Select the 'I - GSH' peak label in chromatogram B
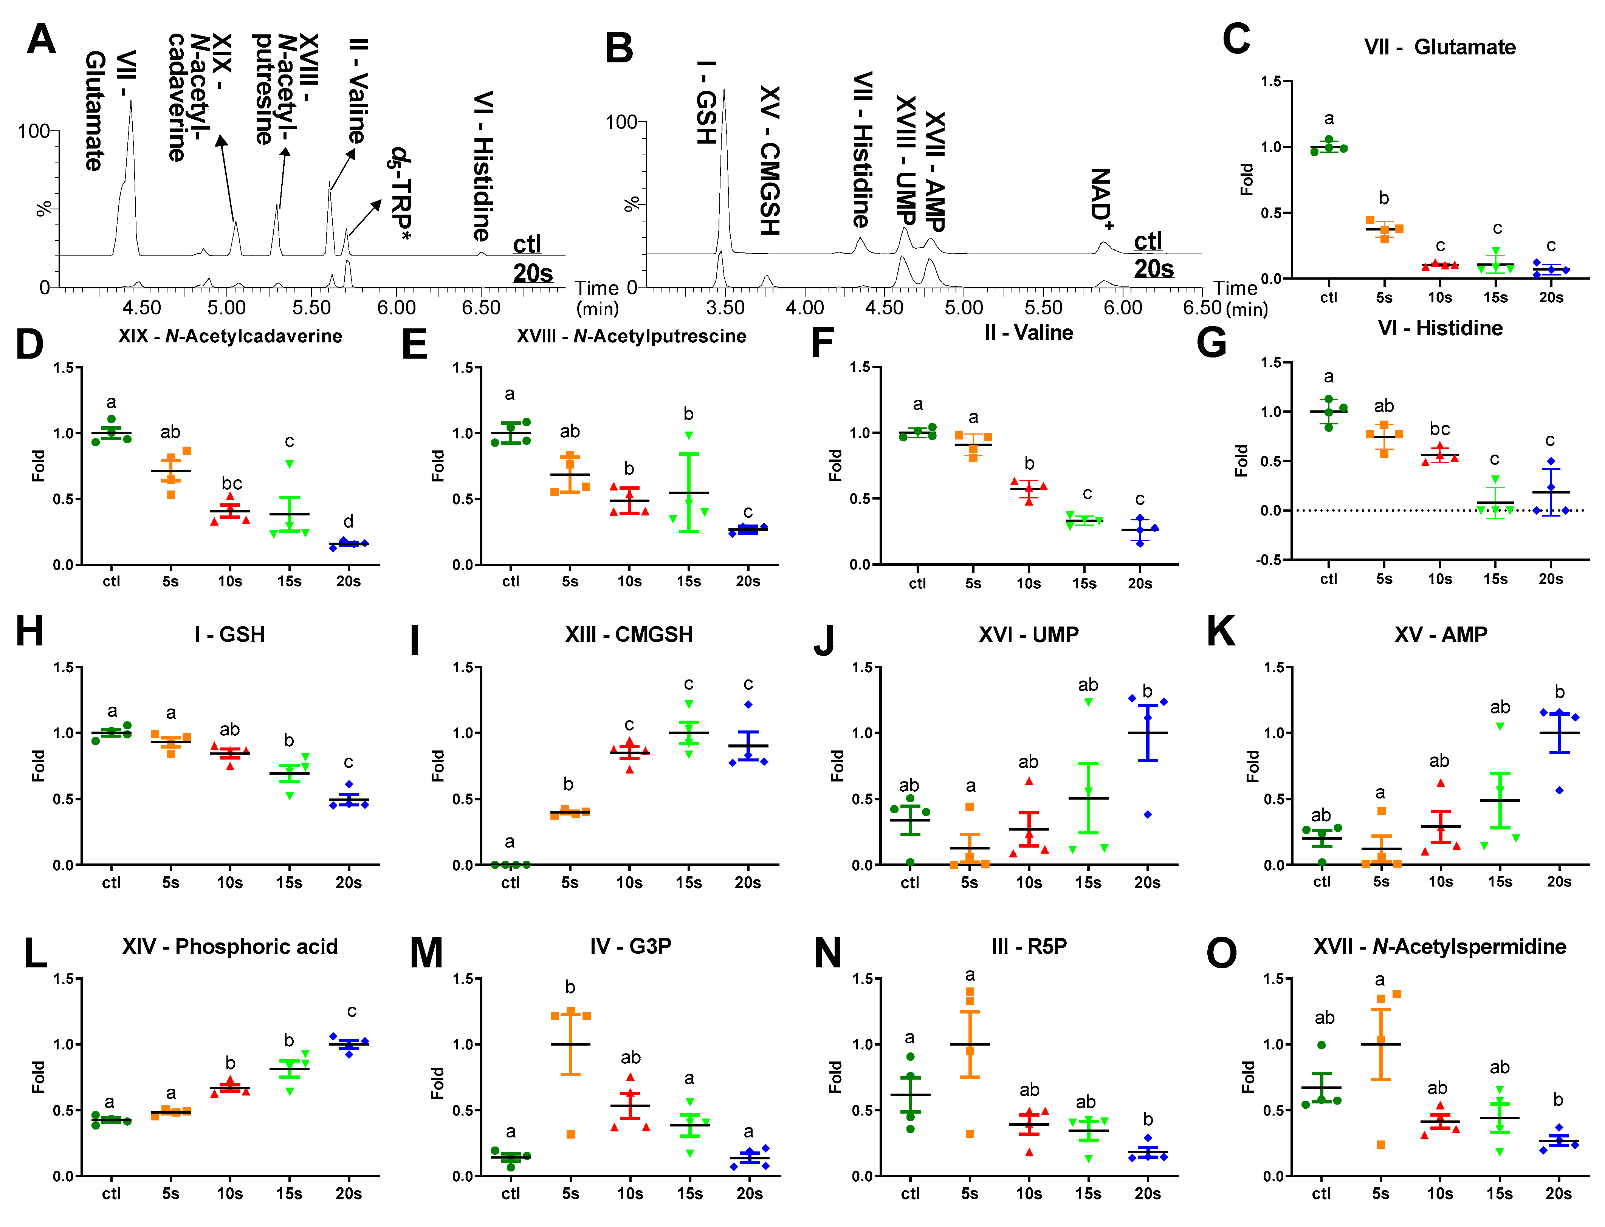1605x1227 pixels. [706, 102]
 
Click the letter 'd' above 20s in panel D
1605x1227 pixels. [349, 521]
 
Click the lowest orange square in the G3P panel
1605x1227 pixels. [570, 1134]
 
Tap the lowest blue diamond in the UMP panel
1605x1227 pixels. [1148, 814]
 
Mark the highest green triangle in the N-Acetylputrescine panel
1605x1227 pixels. [688, 436]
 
